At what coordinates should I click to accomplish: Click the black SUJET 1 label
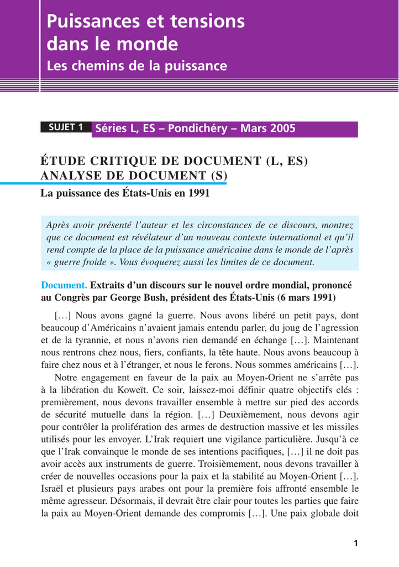tap(66, 128)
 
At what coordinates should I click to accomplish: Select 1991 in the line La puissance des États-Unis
tap(200, 194)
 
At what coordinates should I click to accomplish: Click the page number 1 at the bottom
tap(356, 543)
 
